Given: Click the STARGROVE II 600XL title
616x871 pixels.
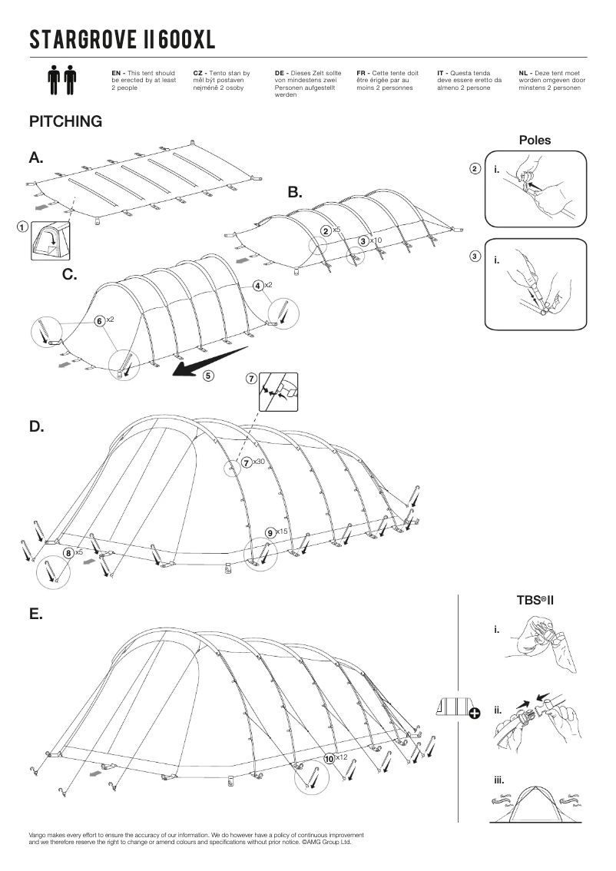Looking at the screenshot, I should [122, 39].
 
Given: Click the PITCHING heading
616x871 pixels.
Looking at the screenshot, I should [65, 121].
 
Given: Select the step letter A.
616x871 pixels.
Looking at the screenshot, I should [36, 157].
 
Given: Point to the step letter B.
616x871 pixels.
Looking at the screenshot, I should [295, 192].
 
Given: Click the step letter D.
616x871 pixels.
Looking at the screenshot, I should [36, 427].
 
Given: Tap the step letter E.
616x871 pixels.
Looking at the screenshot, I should [35, 614].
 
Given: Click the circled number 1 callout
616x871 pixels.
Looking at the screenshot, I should [22, 227].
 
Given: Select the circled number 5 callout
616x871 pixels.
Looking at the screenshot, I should [208, 376].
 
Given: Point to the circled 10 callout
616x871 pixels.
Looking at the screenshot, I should [330, 758].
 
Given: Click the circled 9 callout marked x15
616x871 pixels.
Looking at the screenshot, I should [270, 532].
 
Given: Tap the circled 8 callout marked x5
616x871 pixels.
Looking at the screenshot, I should [68, 551].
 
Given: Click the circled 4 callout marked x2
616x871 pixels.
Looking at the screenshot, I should [258, 285].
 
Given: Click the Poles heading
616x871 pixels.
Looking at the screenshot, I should [535, 141].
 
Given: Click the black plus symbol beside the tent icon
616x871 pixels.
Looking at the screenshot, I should [475, 714].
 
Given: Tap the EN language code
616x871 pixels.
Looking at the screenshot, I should [116, 72].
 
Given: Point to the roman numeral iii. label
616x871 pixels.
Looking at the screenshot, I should [500, 780].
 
